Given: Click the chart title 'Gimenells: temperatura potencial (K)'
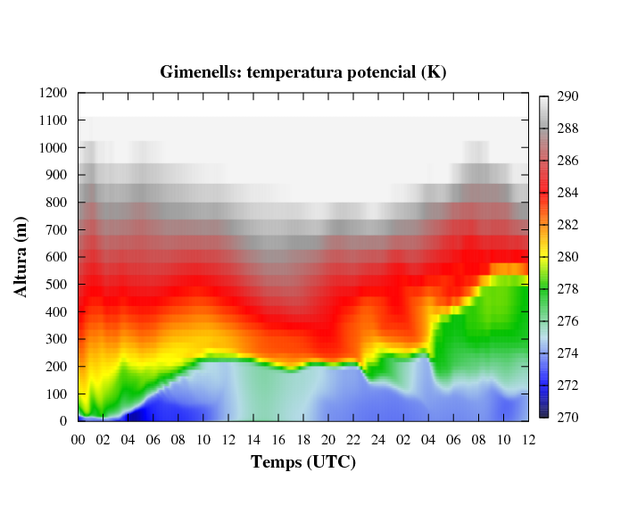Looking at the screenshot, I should (x=303, y=72).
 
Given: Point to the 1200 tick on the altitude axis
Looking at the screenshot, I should (x=54, y=93).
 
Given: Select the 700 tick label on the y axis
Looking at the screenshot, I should (x=58, y=229).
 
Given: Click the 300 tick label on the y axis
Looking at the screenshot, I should (x=58, y=339).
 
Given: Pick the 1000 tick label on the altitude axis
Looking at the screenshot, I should (x=54, y=147).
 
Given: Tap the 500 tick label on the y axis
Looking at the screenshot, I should (x=58, y=285).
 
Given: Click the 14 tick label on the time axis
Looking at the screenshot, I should (x=253, y=439).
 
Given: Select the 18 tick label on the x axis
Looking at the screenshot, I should (x=303, y=439).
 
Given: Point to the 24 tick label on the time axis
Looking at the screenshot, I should (x=378, y=439).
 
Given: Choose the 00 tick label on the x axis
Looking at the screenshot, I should (x=79, y=439).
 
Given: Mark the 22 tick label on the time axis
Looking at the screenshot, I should (x=353, y=439).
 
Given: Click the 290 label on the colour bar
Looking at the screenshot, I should (x=568, y=96).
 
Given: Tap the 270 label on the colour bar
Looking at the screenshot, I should (x=568, y=418).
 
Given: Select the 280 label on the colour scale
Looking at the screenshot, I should (x=568, y=257).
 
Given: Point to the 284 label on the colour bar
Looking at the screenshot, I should (x=568, y=193).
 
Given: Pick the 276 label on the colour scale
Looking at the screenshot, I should (x=568, y=321).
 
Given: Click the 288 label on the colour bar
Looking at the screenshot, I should (x=568, y=128).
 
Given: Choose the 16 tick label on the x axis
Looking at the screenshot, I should (x=278, y=439).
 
